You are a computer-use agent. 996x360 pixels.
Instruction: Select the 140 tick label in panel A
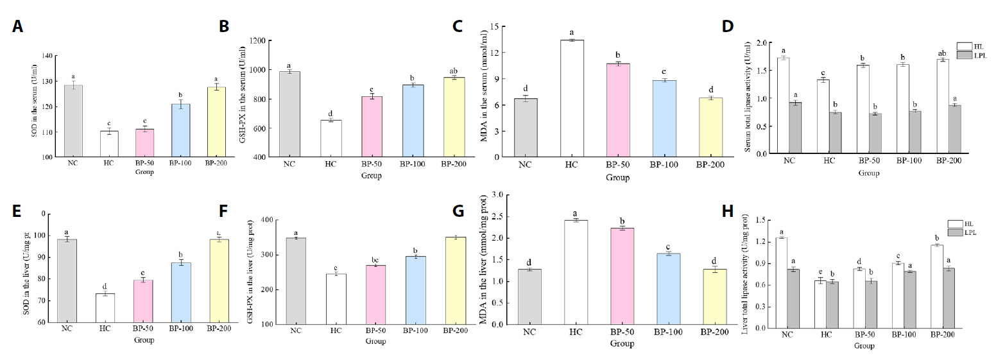tap(46, 55)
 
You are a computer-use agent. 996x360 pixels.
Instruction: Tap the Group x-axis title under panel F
tap(375, 341)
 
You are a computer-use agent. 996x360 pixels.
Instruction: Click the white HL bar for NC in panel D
tap(782, 106)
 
